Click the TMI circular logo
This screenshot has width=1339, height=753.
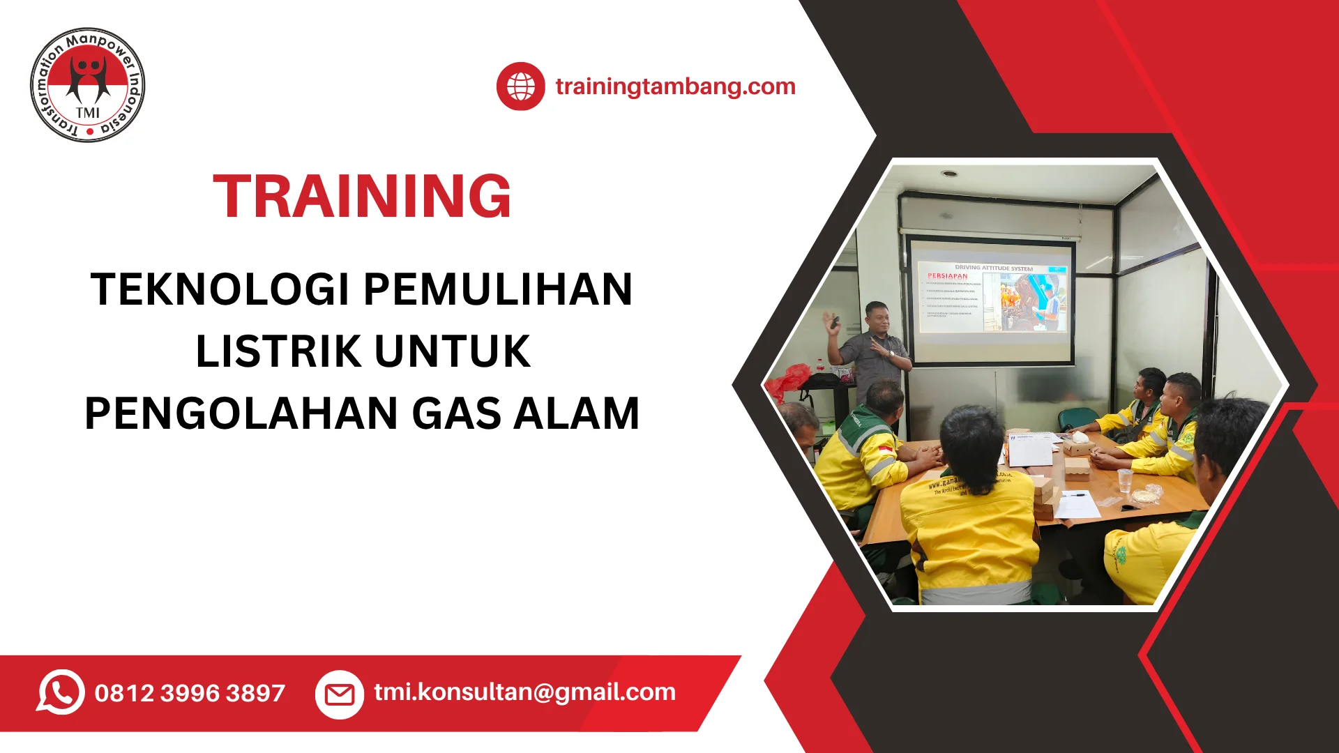click(x=88, y=86)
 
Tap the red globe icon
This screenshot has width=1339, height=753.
click(x=520, y=86)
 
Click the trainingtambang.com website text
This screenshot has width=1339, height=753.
click(x=675, y=86)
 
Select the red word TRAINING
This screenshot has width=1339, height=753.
click(x=362, y=197)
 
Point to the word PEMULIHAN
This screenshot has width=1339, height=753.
click(x=498, y=289)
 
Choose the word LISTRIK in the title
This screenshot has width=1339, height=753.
click(x=278, y=351)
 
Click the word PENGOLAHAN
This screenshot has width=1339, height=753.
click(x=241, y=413)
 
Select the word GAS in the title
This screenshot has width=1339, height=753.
click(x=457, y=413)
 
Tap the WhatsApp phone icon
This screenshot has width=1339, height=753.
click(x=61, y=692)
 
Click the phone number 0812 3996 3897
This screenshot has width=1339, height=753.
click(x=190, y=693)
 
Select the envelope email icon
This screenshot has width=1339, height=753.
click(x=340, y=694)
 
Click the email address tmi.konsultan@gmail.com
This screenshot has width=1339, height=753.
click(x=524, y=692)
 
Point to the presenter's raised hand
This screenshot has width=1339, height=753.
click(x=831, y=322)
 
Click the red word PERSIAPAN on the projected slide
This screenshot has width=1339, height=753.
click(x=947, y=276)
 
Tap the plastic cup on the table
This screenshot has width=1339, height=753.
click(x=1124, y=480)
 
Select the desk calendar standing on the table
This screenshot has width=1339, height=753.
click(x=1030, y=448)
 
